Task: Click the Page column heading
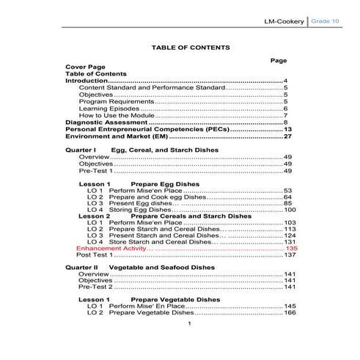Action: pyautogui.click(x=278, y=60)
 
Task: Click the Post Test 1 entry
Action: pyautogui.click(x=94, y=255)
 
